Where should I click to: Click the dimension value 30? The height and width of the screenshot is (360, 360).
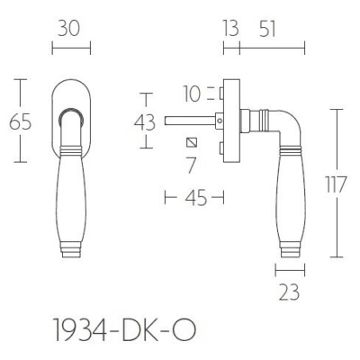(69, 29)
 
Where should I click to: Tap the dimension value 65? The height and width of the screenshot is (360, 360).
(20, 122)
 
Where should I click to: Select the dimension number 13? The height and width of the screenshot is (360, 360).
(230, 29)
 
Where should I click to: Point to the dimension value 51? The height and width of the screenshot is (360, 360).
(267, 29)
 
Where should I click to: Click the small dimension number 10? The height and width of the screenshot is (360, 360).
(192, 94)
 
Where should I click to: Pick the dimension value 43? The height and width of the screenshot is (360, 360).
(145, 122)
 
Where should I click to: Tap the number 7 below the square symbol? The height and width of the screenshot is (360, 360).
(191, 166)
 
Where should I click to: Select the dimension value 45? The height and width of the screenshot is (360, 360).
(196, 198)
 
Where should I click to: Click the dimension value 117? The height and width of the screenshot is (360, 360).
(337, 184)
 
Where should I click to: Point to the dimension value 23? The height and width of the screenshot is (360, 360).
(290, 292)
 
